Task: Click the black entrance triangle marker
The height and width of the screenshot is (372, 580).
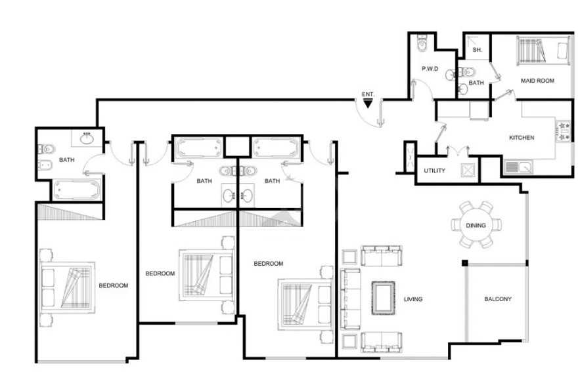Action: click(368, 104)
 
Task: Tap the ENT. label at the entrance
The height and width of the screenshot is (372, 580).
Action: click(368, 94)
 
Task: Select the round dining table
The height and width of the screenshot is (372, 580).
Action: click(476, 224)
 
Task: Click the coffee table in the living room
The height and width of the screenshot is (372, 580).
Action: click(383, 298)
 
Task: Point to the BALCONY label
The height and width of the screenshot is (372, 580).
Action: click(498, 299)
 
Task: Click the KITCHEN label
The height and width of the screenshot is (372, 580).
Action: click(522, 137)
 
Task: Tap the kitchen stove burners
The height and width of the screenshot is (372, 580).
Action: click(564, 131)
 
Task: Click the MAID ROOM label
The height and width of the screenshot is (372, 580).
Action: click(537, 81)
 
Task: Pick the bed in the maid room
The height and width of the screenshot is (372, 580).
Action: click(543, 51)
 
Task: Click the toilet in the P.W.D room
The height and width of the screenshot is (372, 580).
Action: click(422, 43)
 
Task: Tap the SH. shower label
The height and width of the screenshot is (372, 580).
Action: click(477, 49)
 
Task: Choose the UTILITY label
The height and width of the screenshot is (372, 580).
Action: click(435, 171)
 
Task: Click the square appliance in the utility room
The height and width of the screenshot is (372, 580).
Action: click(467, 171)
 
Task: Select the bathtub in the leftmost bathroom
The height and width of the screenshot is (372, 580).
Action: click(77, 190)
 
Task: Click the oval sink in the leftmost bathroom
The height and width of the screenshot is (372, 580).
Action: click(87, 138)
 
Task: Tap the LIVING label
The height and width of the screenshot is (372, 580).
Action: click(413, 299)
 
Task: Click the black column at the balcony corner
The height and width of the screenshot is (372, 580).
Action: click(464, 263)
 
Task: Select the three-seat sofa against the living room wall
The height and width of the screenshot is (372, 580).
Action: click(350, 299)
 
